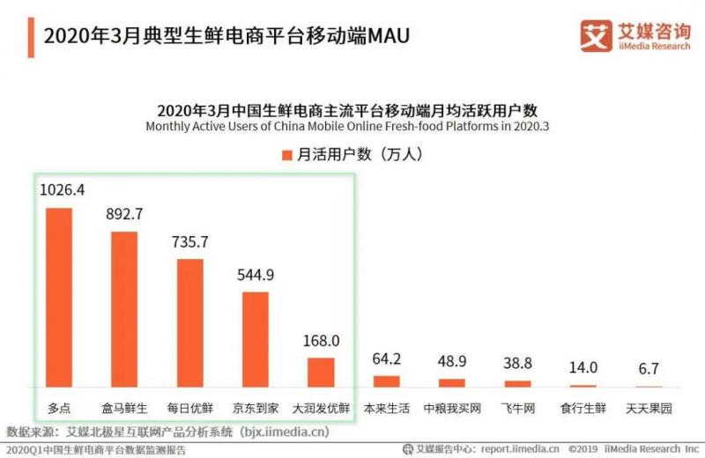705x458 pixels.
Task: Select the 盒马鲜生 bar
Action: coord(124,309)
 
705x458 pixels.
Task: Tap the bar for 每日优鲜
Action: coord(189,323)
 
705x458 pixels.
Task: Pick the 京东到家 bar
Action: coord(255,340)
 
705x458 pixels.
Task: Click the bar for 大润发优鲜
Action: coord(321,373)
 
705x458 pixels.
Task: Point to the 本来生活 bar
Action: coord(386,381)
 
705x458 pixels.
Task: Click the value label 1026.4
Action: coord(61,189)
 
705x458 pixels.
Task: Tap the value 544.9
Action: coord(256,275)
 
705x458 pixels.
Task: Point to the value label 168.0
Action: coord(322,341)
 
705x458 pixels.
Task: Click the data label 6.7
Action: coord(649,368)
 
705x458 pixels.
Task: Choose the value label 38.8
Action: coord(517,362)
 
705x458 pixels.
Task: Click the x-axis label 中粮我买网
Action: coord(451,410)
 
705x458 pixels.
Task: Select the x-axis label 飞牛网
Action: coord(517,410)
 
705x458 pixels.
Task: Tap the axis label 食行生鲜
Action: coord(583,410)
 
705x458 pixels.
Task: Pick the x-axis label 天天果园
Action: coord(649,410)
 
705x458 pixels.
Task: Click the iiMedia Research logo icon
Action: coord(596,35)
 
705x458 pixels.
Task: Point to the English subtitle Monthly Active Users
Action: coord(348,127)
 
